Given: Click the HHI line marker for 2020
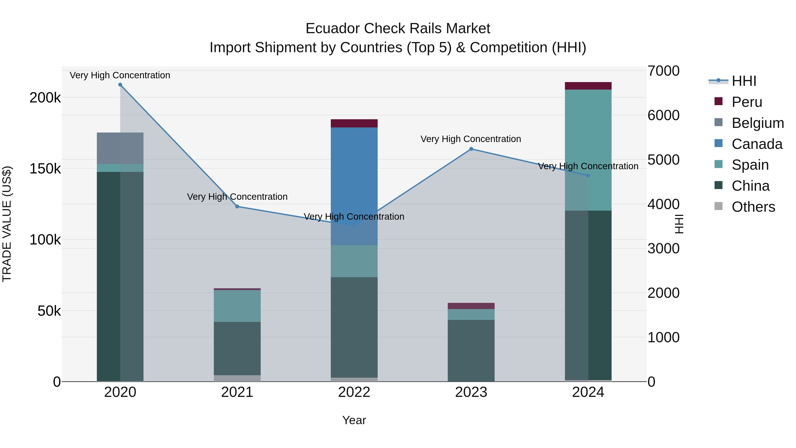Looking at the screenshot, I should [x=120, y=85].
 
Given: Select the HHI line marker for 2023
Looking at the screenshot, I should [x=471, y=149].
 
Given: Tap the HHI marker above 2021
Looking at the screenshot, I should [x=237, y=207].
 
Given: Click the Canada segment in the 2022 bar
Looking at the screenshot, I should [x=354, y=186].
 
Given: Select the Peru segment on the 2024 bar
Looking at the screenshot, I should [x=588, y=86].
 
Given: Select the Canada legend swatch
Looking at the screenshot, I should [x=718, y=143].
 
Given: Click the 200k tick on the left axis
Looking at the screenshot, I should [x=45, y=98].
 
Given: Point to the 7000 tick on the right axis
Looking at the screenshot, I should [x=663, y=71].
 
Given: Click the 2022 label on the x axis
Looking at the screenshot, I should [x=354, y=392].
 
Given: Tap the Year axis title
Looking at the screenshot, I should [x=354, y=420].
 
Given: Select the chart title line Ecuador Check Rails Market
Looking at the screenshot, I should [x=398, y=29].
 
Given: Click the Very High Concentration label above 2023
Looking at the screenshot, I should [x=471, y=139].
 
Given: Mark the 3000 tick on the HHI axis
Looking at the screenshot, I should [x=663, y=249].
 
